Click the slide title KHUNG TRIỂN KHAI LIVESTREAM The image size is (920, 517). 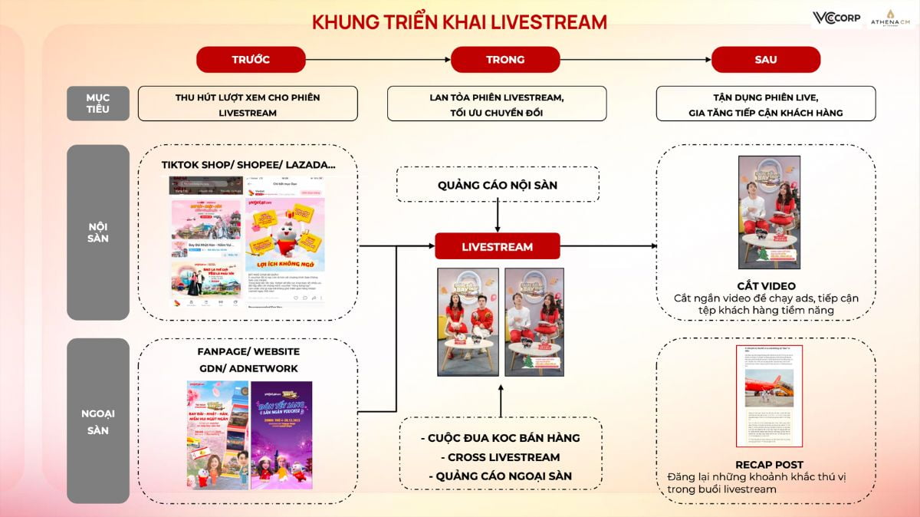(x=459, y=22)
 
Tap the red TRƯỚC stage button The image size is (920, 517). (x=251, y=60)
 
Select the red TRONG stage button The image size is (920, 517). (x=505, y=60)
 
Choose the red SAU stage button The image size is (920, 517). (x=765, y=60)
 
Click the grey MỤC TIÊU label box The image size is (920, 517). (x=97, y=104)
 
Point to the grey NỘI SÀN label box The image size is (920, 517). (x=97, y=232)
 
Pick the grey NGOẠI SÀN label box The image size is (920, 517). (x=97, y=421)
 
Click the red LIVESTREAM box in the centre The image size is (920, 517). (x=498, y=246)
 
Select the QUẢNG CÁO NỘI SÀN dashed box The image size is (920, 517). (x=498, y=186)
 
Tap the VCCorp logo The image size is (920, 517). (x=836, y=18)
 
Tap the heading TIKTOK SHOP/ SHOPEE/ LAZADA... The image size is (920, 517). (x=248, y=165)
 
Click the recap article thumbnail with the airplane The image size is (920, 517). (x=769, y=396)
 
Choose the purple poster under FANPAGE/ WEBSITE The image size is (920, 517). (x=281, y=435)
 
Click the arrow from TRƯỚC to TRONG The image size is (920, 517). (x=377, y=60)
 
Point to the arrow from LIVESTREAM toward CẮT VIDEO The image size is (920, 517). (x=609, y=246)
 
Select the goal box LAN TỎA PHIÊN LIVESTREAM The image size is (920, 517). (x=496, y=104)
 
